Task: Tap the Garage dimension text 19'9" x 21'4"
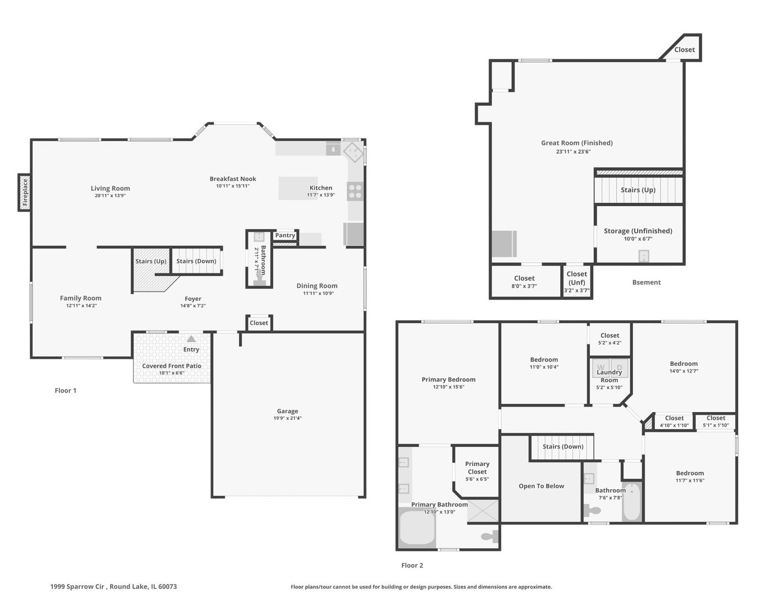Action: click(288, 418)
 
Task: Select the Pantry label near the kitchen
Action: click(285, 235)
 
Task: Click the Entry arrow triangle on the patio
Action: click(191, 339)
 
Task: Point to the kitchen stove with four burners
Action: click(355, 191)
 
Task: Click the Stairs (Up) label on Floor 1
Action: click(150, 261)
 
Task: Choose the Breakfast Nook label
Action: click(233, 179)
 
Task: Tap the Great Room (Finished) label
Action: click(577, 143)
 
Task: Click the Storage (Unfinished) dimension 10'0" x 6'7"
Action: click(638, 239)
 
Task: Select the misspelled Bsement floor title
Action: click(646, 283)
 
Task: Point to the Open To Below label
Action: click(541, 486)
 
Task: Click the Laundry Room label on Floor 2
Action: click(609, 376)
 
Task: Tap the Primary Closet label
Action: click(477, 468)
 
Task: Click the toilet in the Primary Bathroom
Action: click(490, 537)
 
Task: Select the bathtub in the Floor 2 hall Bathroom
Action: click(631, 501)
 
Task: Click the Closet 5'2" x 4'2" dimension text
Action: click(610, 343)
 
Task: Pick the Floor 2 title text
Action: click(412, 566)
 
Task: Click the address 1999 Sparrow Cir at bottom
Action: click(77, 587)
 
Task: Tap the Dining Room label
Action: click(317, 285)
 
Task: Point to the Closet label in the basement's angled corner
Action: click(684, 50)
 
